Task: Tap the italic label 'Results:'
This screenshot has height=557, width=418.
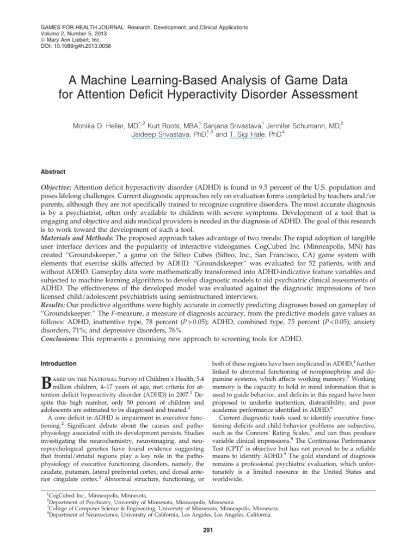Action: coord(56,307)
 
